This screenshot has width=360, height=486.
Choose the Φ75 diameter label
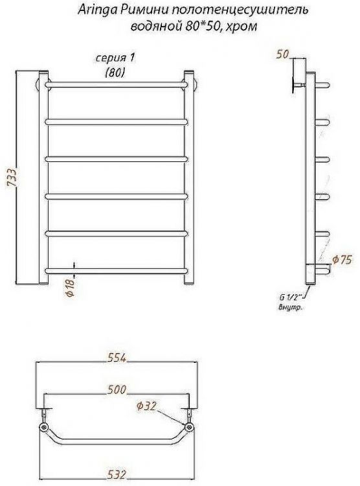coord(343,260)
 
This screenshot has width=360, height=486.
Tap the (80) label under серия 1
coord(115,73)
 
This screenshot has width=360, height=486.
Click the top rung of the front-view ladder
coord(117,84)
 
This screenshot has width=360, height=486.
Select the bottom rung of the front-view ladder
coord(117,268)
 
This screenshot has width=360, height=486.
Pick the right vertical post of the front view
coord(188,178)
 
